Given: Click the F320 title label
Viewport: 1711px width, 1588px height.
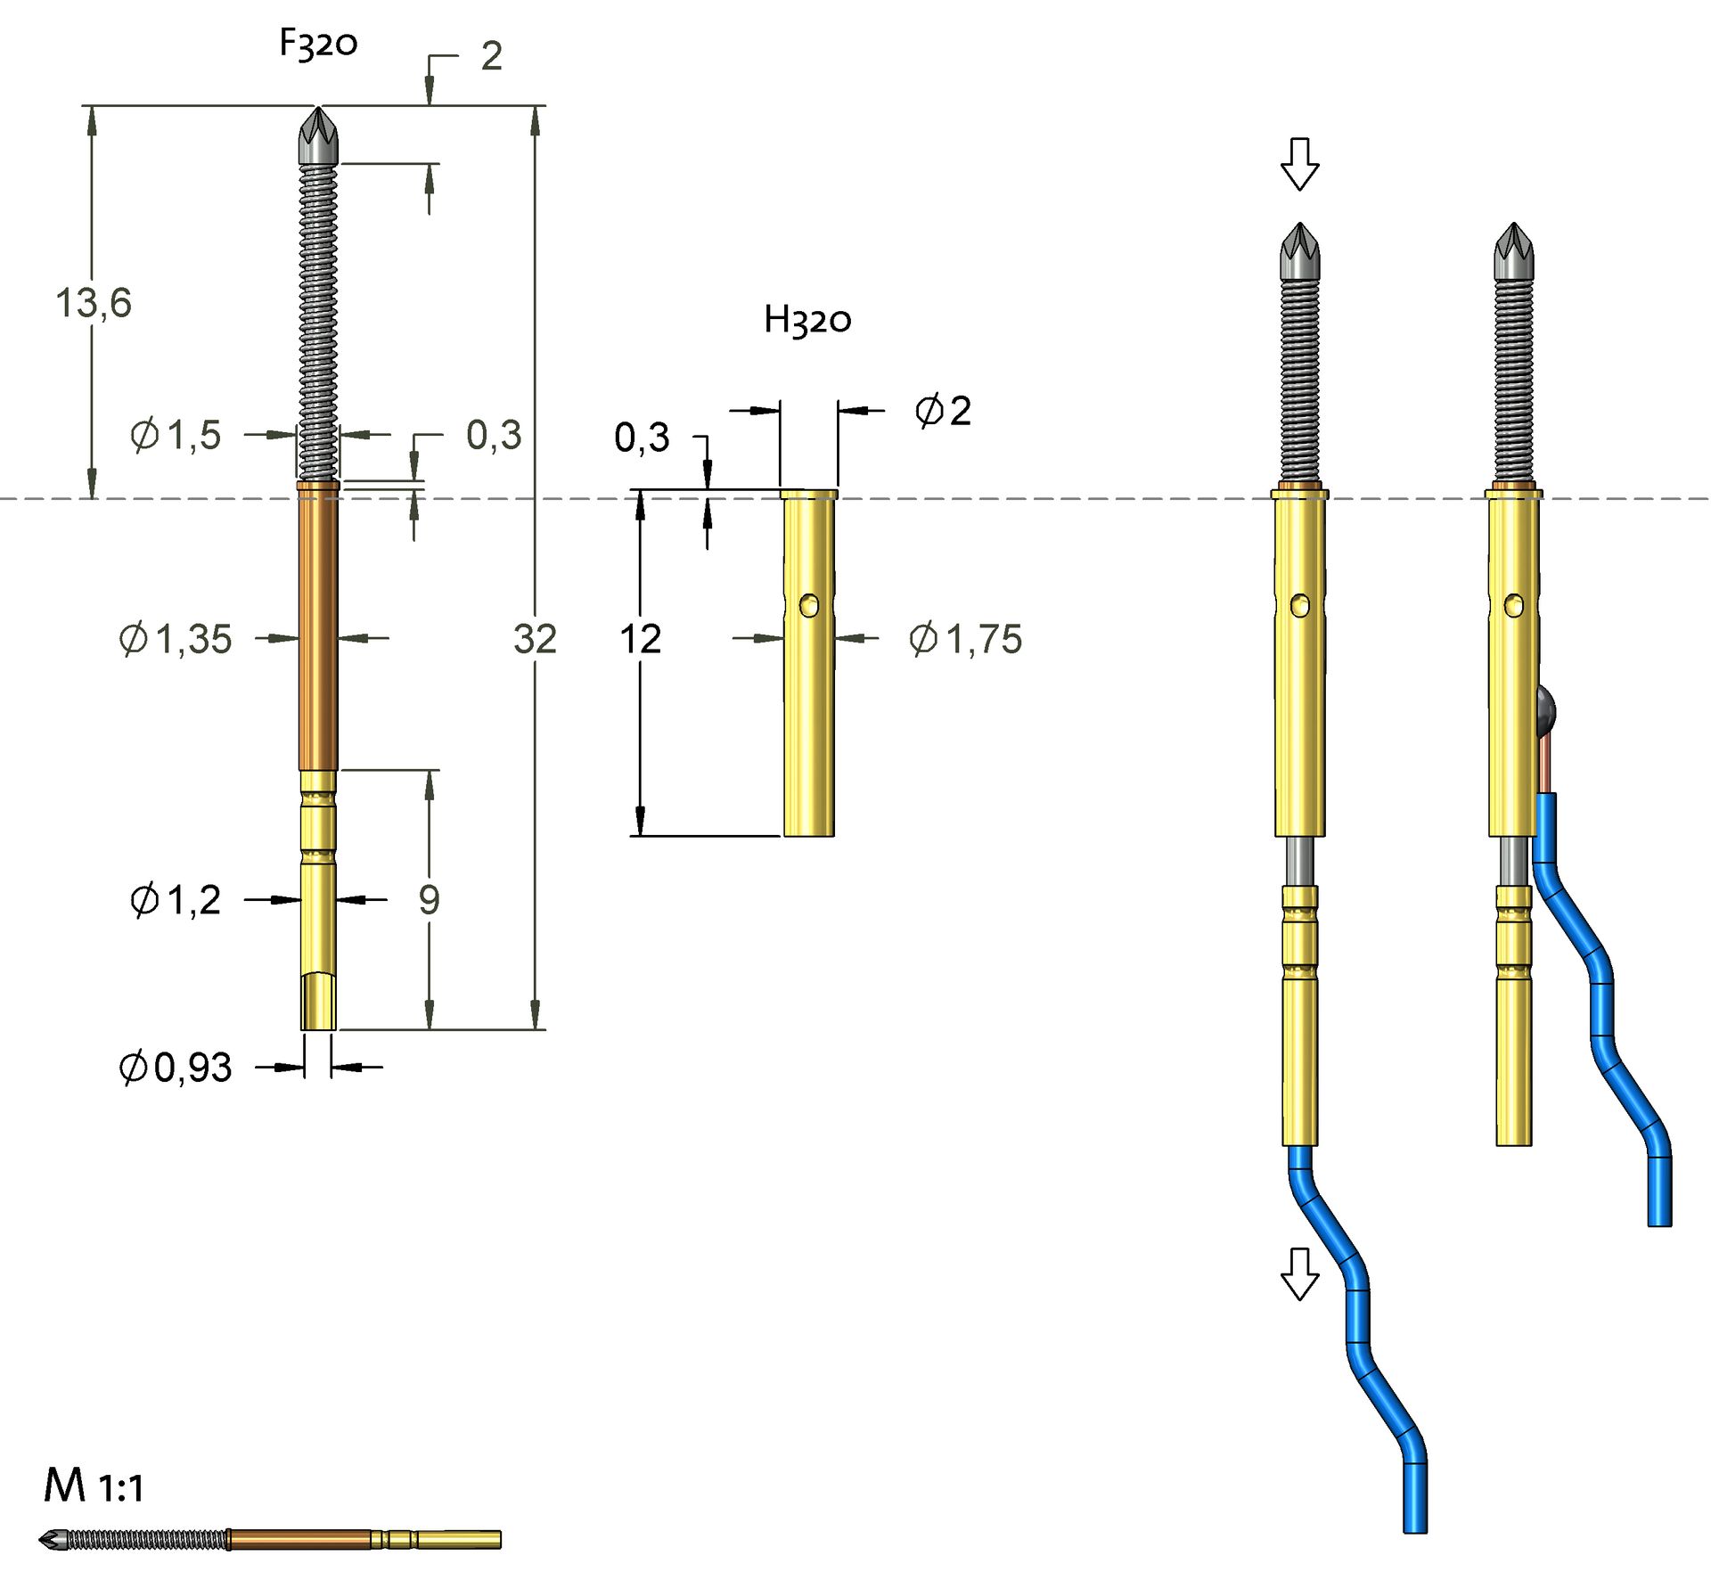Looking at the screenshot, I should point(318,43).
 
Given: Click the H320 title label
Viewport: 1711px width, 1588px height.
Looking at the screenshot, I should point(807,319).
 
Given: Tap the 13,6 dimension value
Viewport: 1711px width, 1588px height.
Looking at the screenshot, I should point(94,303).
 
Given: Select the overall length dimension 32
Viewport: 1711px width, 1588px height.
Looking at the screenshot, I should point(535,639).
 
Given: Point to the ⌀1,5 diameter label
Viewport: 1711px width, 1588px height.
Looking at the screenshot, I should point(176,435).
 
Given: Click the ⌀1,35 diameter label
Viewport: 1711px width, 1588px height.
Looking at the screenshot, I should point(176,639).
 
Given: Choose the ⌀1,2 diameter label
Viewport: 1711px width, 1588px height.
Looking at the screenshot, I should point(176,900).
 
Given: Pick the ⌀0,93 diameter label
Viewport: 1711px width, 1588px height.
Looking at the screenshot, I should point(176,1067).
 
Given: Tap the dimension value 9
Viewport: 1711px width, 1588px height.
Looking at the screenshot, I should point(429,900).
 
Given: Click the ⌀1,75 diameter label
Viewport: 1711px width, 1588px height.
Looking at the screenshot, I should point(966,639).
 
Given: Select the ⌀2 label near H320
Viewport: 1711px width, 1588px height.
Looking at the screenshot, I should point(943,411).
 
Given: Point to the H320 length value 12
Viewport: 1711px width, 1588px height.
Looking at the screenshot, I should point(640,639).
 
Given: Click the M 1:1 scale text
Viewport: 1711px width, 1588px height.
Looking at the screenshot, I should point(94,1486).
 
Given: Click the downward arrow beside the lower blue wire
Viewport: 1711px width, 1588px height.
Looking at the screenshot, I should point(1299,1273).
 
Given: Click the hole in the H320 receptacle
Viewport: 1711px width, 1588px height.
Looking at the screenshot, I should point(809,606).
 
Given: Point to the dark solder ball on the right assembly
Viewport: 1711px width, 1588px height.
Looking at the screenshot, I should point(1546,708).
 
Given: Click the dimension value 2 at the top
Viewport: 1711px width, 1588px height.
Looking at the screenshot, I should point(491,56).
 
